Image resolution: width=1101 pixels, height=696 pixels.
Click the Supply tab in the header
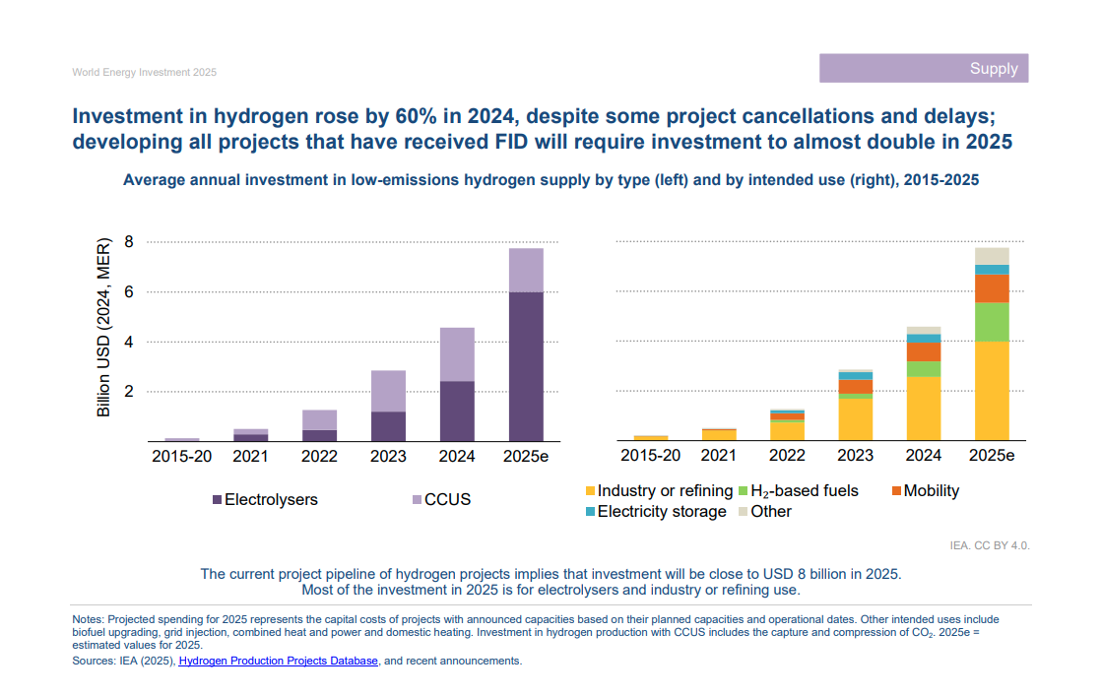(993, 68)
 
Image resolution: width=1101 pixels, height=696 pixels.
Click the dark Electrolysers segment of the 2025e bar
(525, 366)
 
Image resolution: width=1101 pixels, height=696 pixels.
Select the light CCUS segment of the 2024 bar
(456, 353)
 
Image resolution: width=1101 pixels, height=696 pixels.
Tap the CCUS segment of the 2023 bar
(387, 391)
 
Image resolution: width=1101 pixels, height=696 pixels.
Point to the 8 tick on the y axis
(126, 242)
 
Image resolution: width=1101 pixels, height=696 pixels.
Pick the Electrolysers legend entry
(265, 499)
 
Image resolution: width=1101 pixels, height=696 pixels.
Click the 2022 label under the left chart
(319, 456)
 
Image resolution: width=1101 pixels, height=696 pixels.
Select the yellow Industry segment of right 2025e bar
(992, 391)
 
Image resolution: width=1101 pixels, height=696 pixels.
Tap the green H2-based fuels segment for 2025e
(992, 322)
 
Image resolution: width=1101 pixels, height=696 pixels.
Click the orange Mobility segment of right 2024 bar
(923, 351)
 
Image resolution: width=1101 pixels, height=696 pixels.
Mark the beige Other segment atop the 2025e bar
(992, 256)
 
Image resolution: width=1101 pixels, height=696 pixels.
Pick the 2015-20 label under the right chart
(650, 456)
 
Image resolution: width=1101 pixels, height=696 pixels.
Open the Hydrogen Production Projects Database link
(278, 662)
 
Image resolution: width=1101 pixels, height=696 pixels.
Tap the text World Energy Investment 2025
(144, 73)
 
